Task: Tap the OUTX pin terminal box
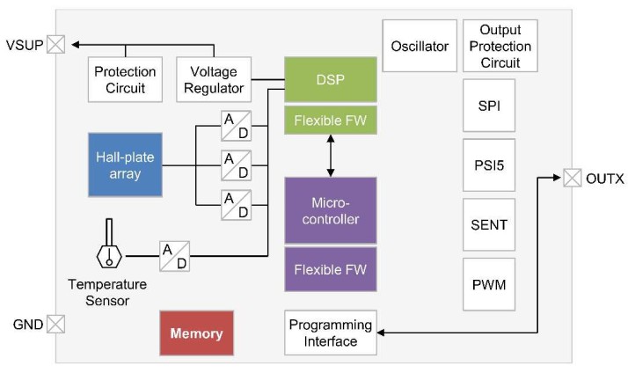[573, 179]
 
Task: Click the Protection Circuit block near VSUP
[125, 79]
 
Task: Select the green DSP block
[331, 79]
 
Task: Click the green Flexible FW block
[331, 121]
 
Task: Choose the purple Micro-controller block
[331, 210]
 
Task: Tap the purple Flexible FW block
[331, 269]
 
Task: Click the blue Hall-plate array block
[125, 164]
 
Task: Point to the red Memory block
[196, 333]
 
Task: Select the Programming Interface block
[331, 333]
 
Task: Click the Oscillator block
[420, 46]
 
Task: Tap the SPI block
[489, 105]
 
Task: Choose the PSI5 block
[489, 165]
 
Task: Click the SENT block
[489, 224]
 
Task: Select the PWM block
[489, 285]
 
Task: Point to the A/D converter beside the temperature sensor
[174, 256]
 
